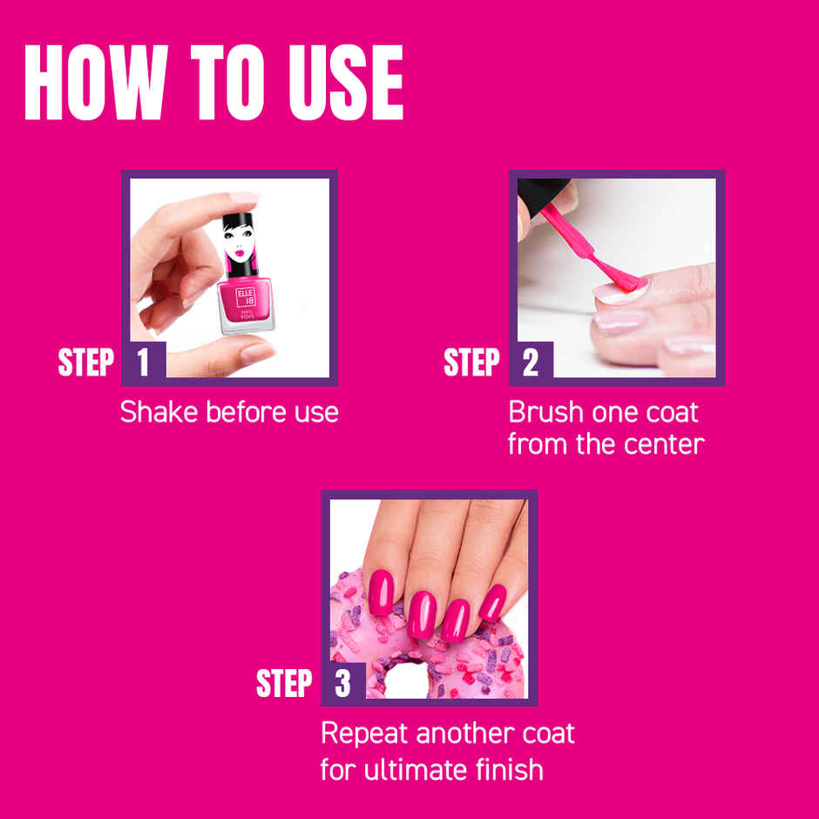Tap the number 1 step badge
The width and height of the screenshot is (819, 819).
(x=143, y=362)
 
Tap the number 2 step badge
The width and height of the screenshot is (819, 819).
(x=530, y=362)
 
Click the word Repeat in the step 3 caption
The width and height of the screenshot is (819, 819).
(x=364, y=733)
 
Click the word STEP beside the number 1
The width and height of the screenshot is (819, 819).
(x=85, y=362)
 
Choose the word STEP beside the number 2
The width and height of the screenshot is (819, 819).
(x=471, y=362)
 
